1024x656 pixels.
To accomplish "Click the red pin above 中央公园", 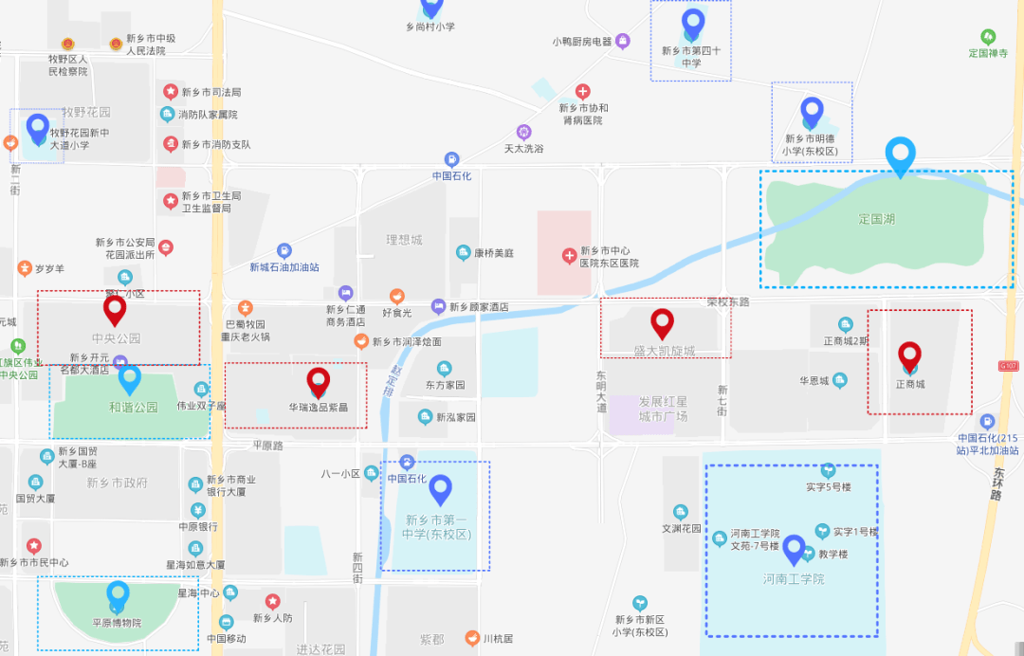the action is (115, 309).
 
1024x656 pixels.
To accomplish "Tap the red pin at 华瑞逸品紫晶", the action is (319, 381).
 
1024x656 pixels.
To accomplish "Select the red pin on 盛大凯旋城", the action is (662, 322).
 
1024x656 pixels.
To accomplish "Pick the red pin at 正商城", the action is (909, 355).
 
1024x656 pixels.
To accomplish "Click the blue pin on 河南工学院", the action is (794, 549).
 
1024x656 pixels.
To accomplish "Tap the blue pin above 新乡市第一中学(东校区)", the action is (440, 489).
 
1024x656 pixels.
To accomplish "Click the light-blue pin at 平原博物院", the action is (118, 596).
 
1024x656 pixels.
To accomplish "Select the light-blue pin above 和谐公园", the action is (129, 379).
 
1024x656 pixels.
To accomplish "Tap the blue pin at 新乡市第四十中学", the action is (693, 23).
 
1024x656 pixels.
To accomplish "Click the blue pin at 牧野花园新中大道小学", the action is (38, 128).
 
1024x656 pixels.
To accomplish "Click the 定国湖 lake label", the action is (877, 219).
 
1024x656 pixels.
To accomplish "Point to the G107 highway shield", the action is (1007, 365).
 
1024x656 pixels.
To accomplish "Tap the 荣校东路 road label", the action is (728, 302).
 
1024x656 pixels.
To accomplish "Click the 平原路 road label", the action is (268, 444).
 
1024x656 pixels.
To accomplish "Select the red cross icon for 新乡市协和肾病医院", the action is (583, 91).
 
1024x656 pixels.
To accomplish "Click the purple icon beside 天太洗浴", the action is (523, 131).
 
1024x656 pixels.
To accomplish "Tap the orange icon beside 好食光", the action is (399, 296).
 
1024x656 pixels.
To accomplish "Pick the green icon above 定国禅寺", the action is (988, 36).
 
